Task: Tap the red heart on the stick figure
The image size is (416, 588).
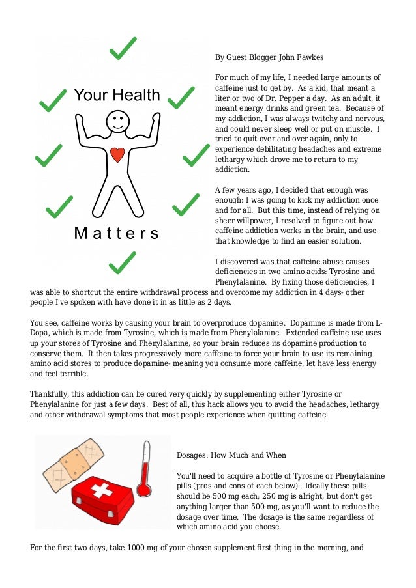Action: pyautogui.click(x=117, y=155)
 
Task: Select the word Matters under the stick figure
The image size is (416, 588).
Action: pyautogui.click(x=117, y=234)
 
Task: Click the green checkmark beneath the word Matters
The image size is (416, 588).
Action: pyautogui.click(x=122, y=262)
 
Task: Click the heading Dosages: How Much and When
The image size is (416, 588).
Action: pyautogui.click(x=231, y=455)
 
